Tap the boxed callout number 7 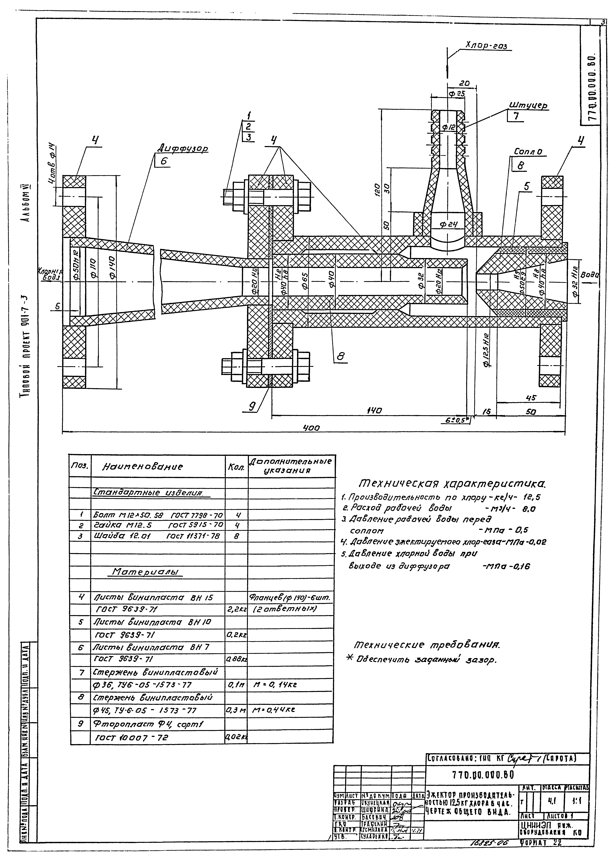pyautogui.click(x=515, y=116)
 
